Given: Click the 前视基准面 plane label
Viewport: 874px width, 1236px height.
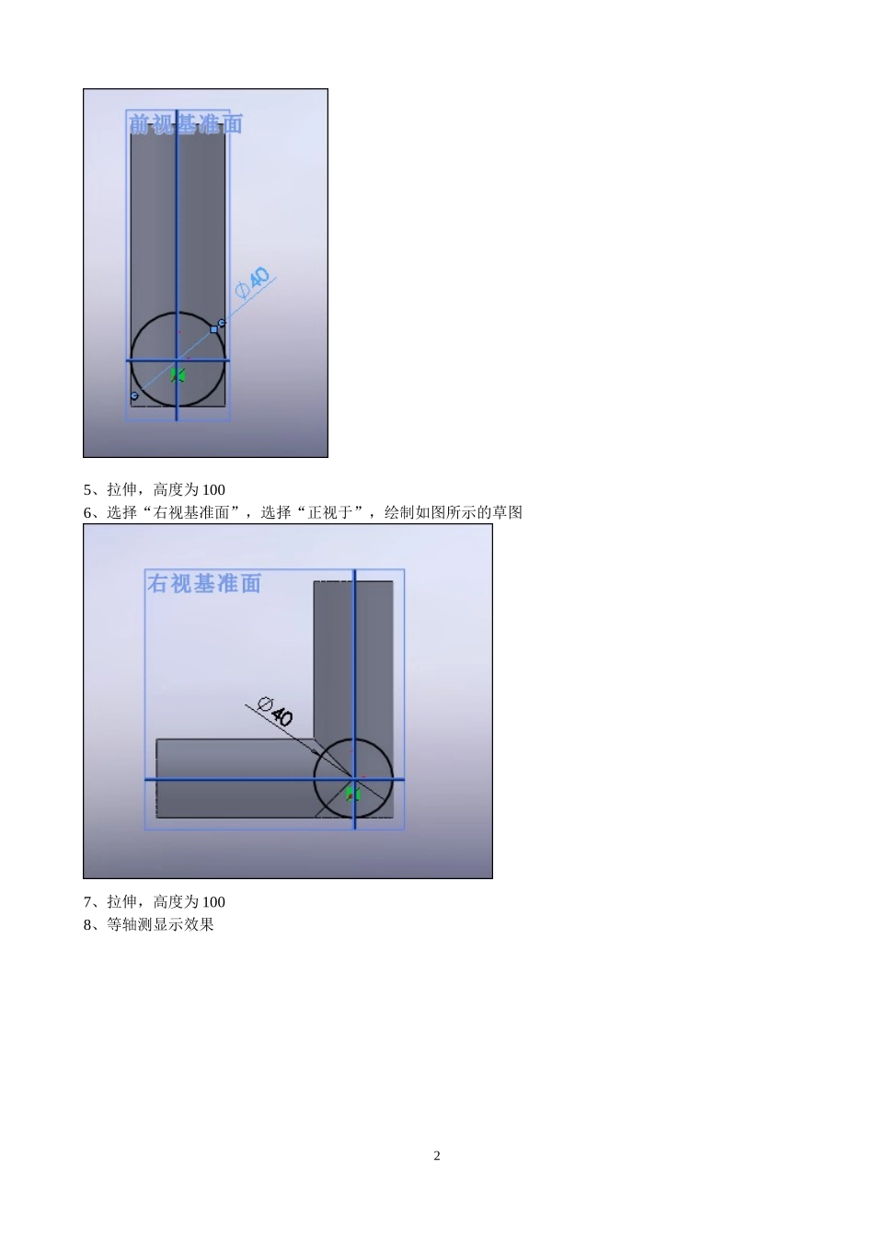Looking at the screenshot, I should pos(185,124).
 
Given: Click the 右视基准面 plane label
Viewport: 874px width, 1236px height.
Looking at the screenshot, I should pos(204,583).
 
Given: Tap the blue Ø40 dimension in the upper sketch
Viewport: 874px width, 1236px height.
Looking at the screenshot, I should pos(253,282).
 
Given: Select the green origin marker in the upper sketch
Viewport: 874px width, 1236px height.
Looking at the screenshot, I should pos(178,374).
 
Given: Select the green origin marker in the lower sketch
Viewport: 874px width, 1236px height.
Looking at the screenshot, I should pos(352,792).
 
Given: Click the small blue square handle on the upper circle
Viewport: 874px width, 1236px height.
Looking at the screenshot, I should pos(214,328).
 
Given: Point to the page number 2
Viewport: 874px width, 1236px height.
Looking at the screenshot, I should pos(437,1156).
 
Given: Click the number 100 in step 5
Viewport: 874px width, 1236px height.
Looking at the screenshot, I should pos(213,490).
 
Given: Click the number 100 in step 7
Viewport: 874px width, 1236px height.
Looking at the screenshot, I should pos(213,902).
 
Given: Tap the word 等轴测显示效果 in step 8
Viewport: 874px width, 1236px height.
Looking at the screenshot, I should pos(160,924).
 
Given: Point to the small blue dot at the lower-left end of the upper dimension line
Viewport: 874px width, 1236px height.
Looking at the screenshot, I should pos(134,395).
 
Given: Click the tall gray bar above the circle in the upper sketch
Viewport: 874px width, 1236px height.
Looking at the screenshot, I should pos(178,221).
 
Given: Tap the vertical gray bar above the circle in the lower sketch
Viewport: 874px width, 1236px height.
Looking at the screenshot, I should pos(353,653).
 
